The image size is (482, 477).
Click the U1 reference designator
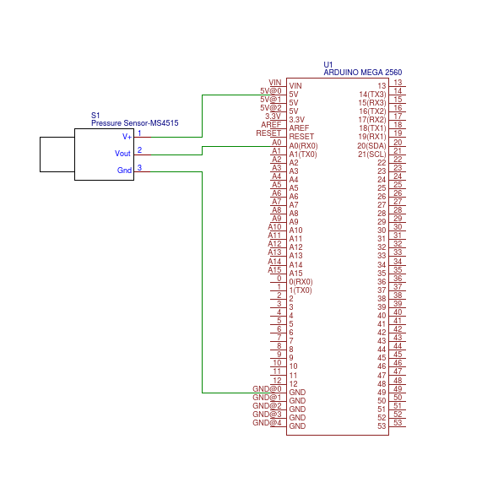pos(328,65)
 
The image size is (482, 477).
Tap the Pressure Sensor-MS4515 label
pos(134,123)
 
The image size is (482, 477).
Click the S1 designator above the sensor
pos(95,115)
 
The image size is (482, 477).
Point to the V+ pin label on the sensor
pos(127,136)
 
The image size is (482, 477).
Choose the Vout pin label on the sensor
pos(123,154)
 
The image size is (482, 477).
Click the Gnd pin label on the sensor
pos(124,171)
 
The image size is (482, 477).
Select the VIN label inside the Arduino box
pos(295,85)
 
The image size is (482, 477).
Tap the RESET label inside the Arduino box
pos(301,137)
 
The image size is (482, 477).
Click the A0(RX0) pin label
pos(303,145)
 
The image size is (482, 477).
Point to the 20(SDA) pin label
pos(372,145)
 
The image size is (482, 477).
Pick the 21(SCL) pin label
pos(372,154)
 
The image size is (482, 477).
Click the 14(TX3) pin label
pos(372,94)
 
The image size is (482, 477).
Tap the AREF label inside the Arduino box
pos(299,128)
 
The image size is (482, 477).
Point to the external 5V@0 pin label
pos(271,90)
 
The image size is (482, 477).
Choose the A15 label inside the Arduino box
pos(295,273)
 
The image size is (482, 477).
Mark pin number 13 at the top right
pos(398,82)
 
